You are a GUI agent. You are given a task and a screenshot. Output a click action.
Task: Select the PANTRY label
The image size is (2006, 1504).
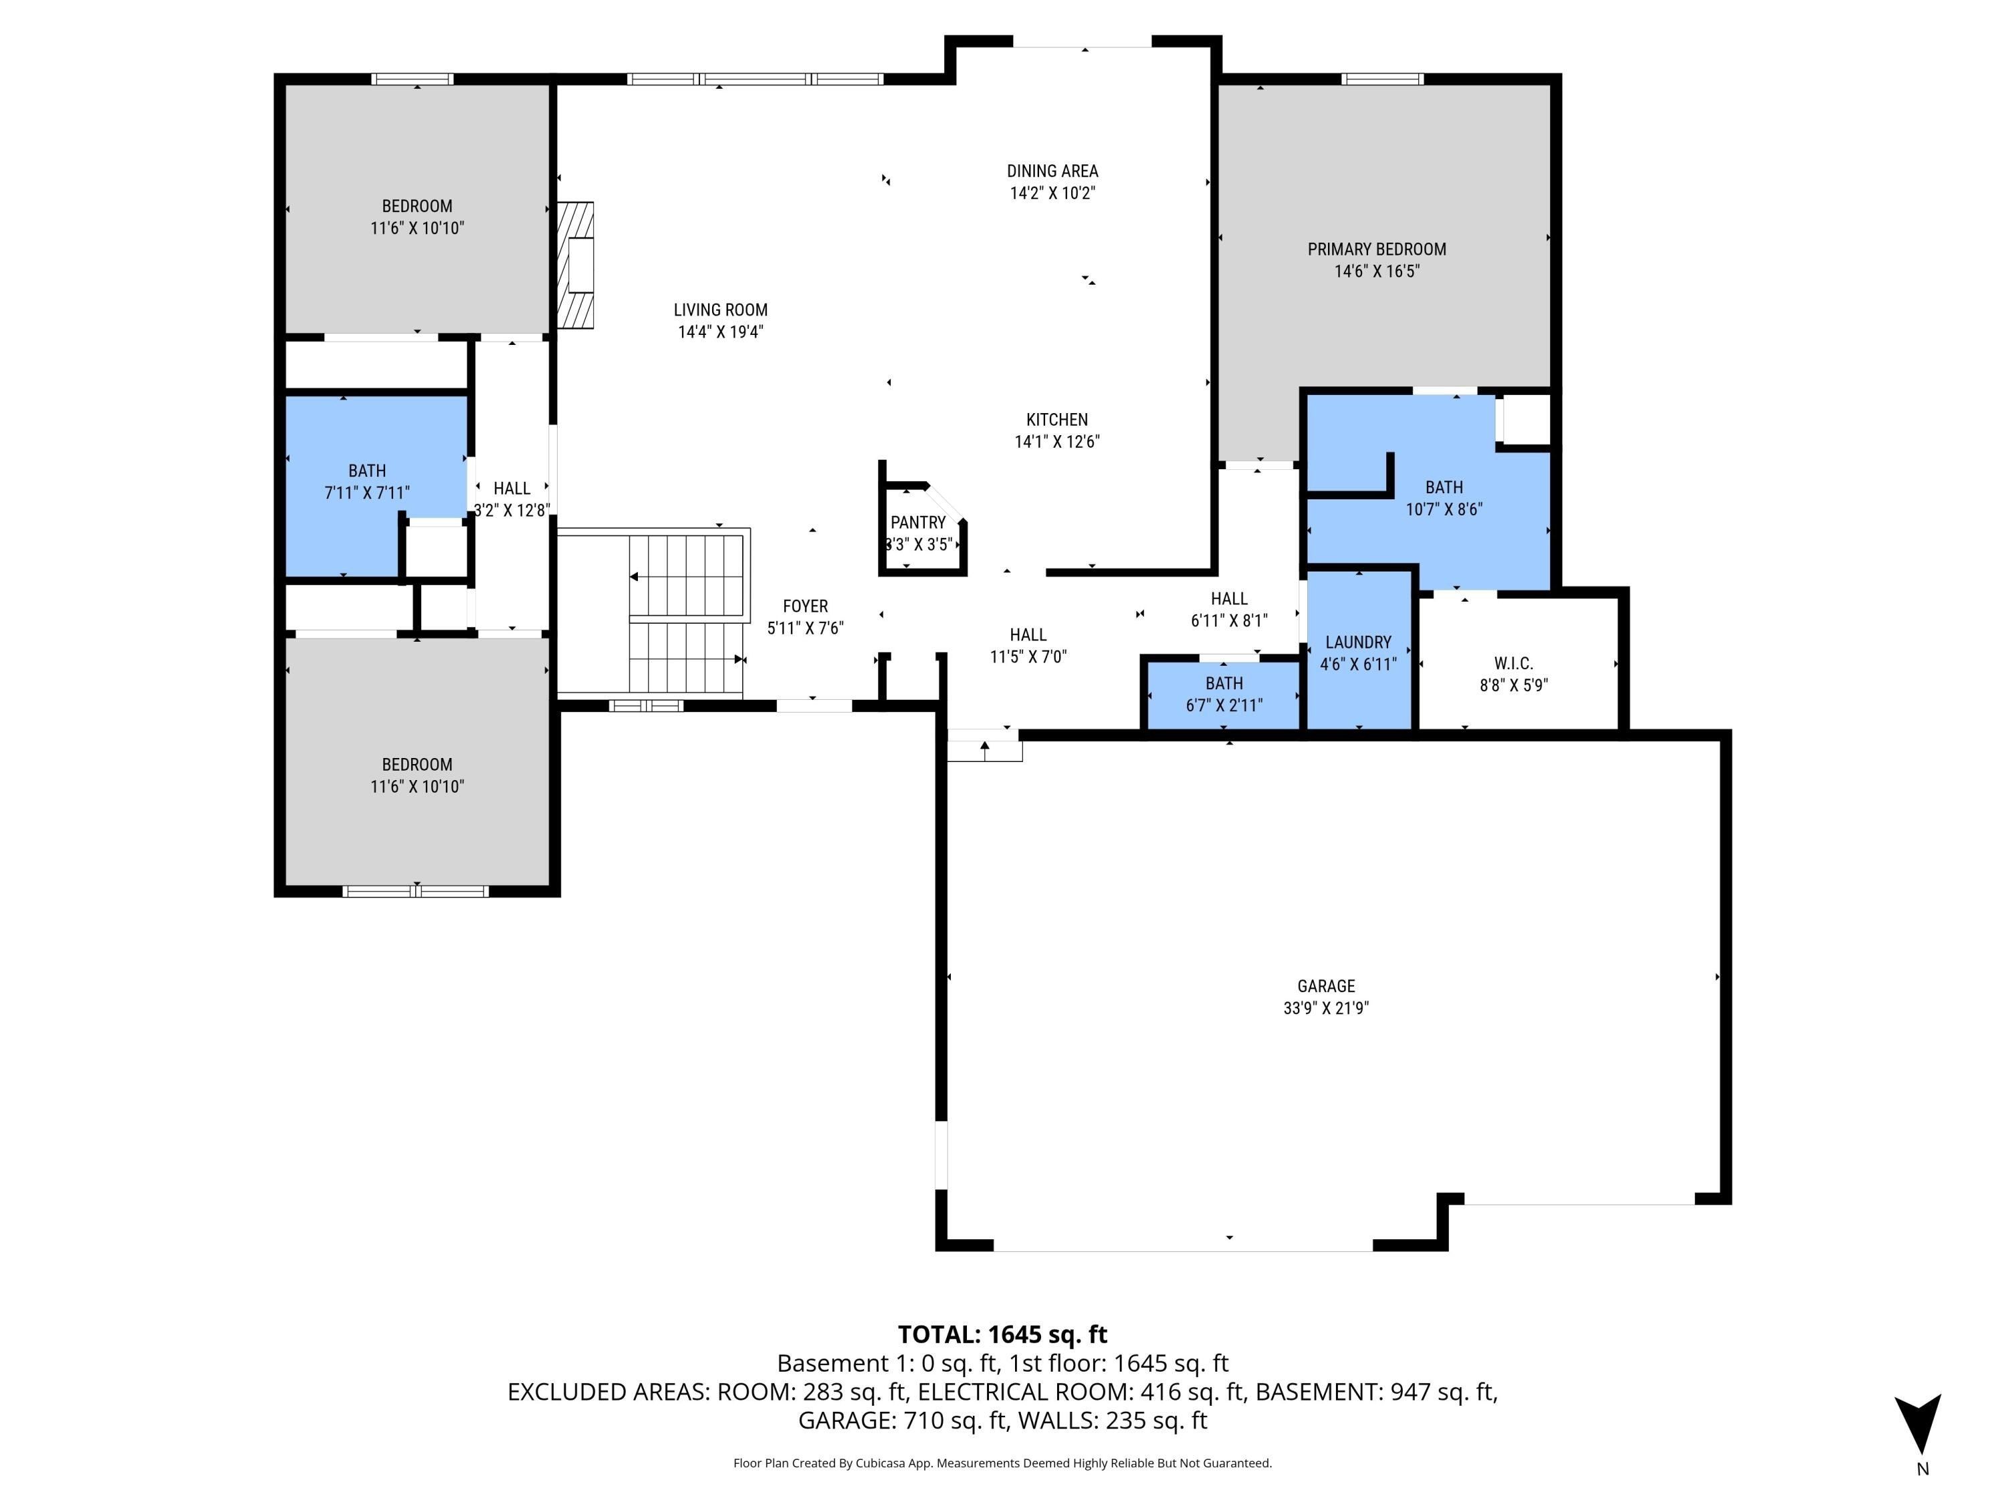click(918, 522)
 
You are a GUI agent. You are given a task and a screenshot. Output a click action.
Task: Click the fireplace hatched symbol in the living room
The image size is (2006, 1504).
click(575, 264)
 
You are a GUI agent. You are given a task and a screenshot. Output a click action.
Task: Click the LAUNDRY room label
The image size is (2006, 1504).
click(1357, 642)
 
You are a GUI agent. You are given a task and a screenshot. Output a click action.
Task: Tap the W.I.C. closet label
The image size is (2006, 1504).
click(1513, 664)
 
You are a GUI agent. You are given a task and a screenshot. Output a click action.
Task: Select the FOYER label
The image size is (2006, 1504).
click(805, 606)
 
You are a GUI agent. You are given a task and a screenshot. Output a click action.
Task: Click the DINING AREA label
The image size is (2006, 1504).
click(1052, 170)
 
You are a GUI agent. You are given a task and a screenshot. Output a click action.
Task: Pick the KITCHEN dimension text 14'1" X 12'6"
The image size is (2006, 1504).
click(1056, 441)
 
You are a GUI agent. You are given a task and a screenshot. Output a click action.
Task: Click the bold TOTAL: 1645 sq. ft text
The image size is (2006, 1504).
click(1002, 1334)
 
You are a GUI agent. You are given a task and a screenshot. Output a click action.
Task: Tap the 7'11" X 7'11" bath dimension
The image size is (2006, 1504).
click(366, 492)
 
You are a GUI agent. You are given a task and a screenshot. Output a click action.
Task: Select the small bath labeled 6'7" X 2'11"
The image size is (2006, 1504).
click(1224, 695)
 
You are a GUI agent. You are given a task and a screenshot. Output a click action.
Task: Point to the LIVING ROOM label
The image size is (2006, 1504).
click(720, 310)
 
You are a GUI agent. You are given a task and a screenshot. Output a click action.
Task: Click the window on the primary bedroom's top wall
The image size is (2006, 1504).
click(1381, 80)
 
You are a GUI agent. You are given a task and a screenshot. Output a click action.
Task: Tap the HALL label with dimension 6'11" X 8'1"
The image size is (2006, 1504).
click(1229, 598)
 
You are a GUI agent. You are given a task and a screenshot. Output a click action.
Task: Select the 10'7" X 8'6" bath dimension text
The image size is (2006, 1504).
click(1443, 509)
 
